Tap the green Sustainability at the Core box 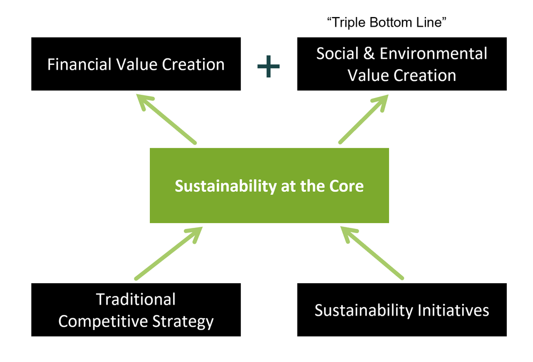[x=269, y=186]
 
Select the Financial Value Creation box [x=136, y=64]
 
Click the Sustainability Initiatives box [x=402, y=310]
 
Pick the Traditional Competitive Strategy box [x=136, y=310]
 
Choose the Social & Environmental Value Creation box [x=402, y=64]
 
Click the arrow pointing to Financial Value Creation [x=166, y=119]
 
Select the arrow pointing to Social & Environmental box [x=362, y=120]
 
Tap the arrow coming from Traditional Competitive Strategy [x=168, y=253]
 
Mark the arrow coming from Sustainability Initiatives [x=372, y=253]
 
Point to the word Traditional [x=136, y=299]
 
